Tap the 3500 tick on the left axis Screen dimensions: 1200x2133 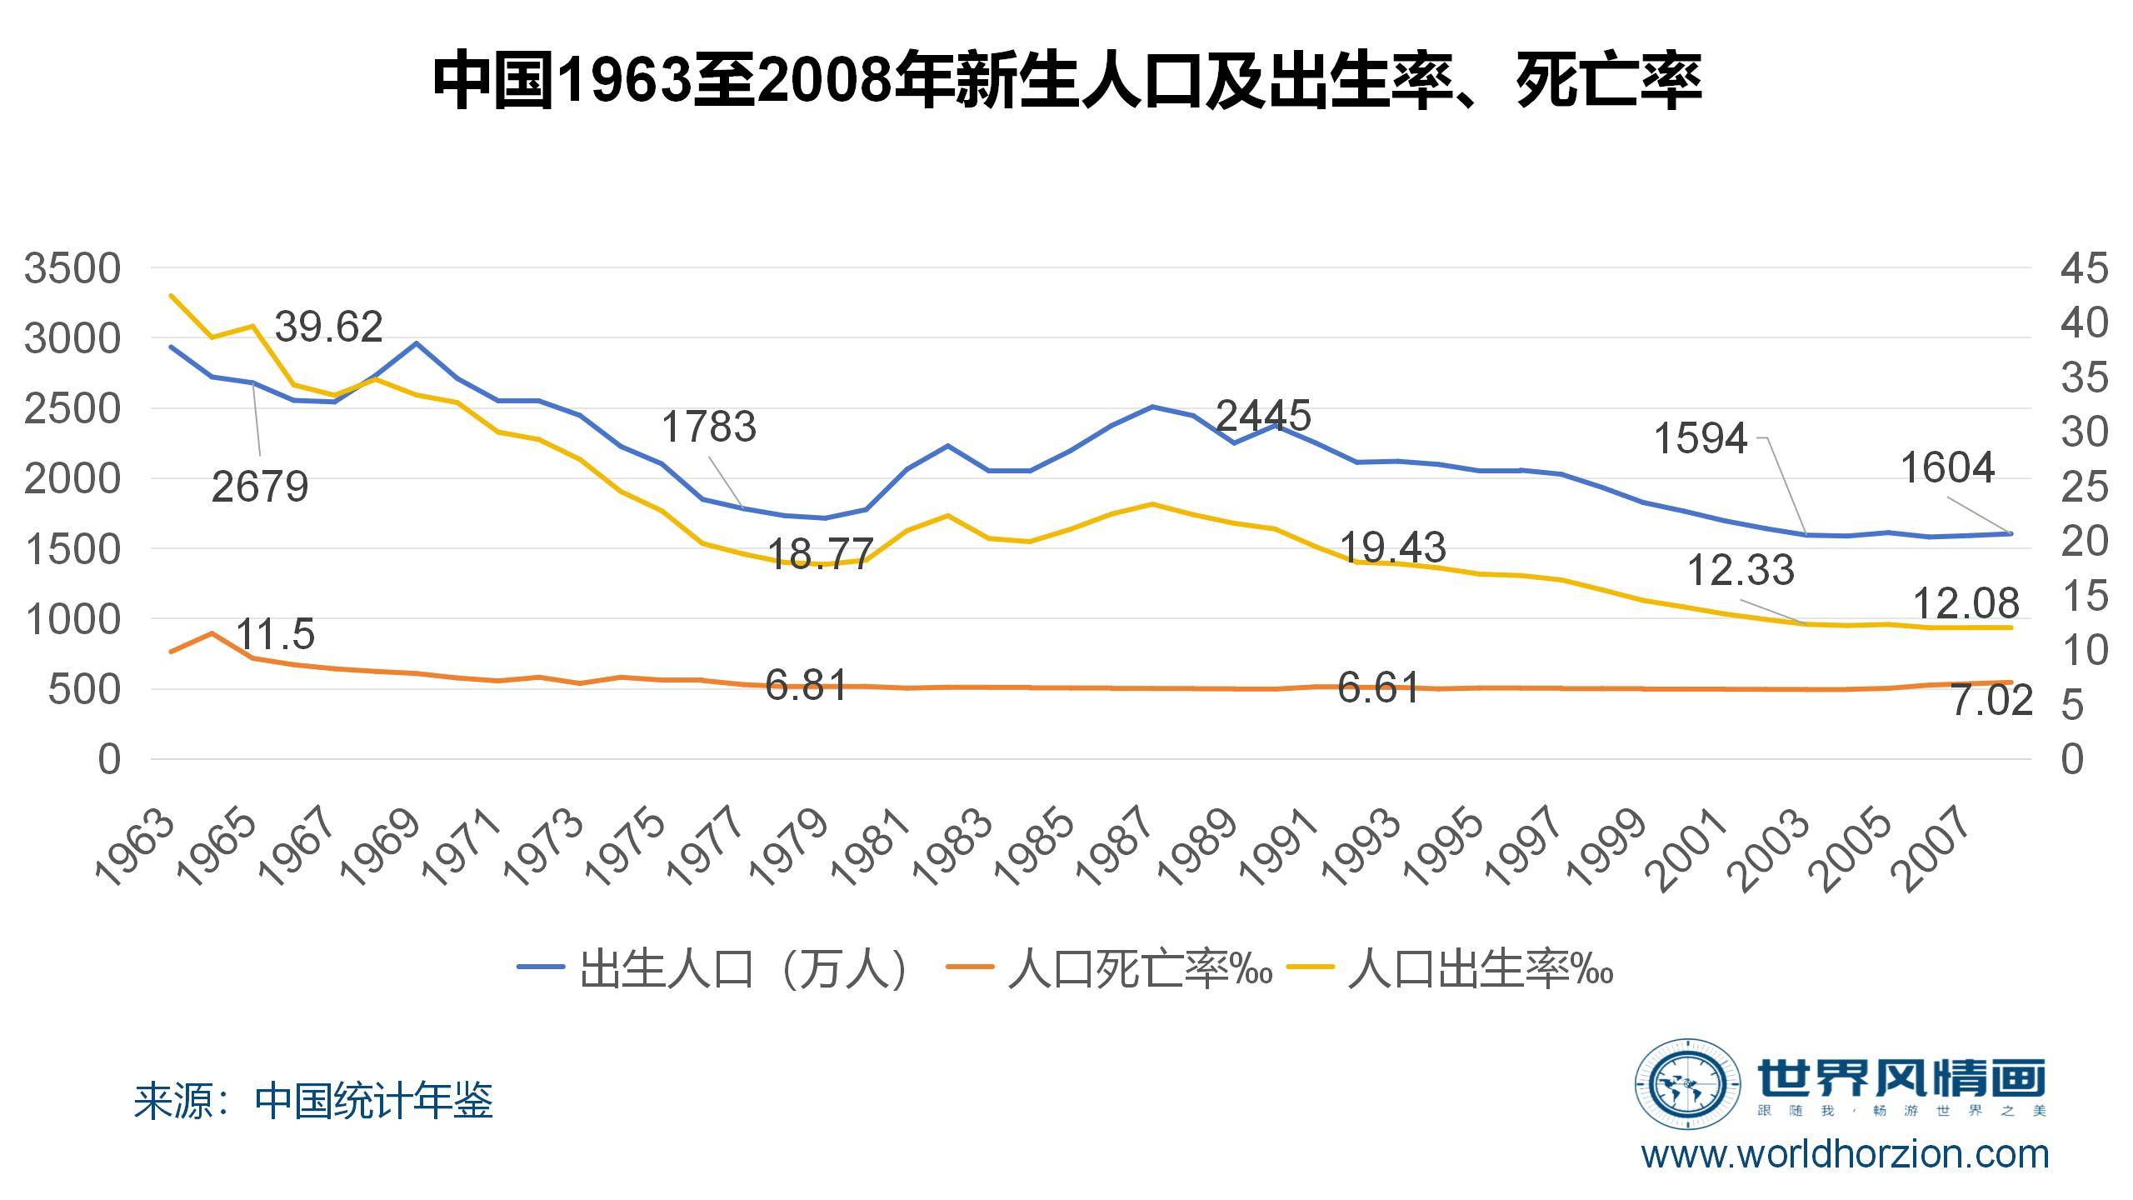pos(72,269)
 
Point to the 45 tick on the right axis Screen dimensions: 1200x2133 pos(2083,269)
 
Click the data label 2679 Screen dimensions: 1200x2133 pos(260,487)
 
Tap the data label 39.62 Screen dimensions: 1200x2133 pos(328,327)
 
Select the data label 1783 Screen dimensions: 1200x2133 pos(708,427)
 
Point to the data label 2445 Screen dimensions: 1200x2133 pos(1263,415)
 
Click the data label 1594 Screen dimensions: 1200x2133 pos(1700,438)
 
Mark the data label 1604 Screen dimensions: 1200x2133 pos(1947,468)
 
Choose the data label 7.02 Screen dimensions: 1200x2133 pos(1991,702)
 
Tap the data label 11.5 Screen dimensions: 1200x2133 pos(276,635)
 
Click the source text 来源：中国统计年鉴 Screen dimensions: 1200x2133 pos(313,1101)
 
